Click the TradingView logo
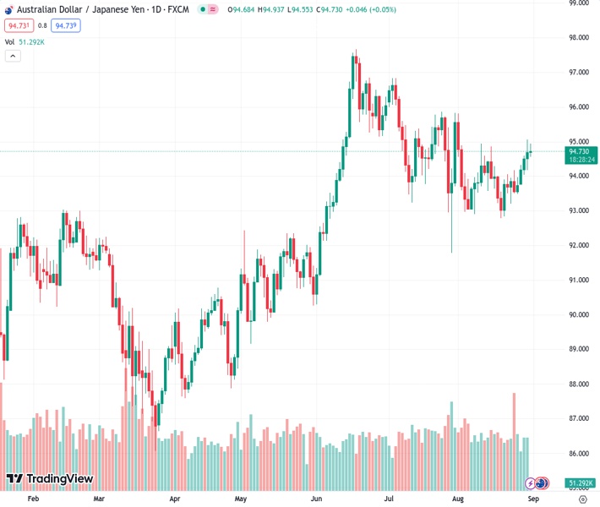pyautogui.click(x=49, y=479)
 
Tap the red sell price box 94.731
pyautogui.click(x=17, y=25)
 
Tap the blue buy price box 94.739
pyautogui.click(x=66, y=25)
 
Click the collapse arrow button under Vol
pyautogui.click(x=13, y=56)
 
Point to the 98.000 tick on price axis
pyautogui.click(x=580, y=38)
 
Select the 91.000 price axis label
pyautogui.click(x=580, y=280)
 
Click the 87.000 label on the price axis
pyautogui.click(x=580, y=418)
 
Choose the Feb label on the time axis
pyautogui.click(x=33, y=499)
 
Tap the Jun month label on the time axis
pyautogui.click(x=317, y=499)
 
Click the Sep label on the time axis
pyautogui.click(x=533, y=499)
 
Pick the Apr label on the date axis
pyautogui.click(x=175, y=499)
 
